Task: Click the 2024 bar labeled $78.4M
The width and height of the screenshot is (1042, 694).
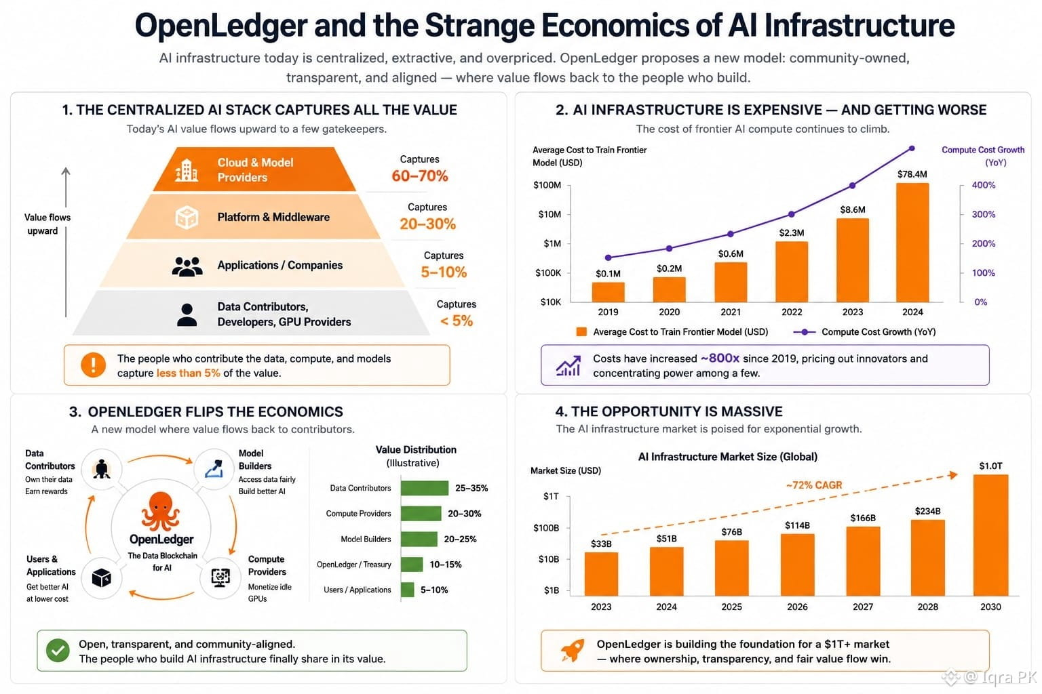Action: tap(912, 243)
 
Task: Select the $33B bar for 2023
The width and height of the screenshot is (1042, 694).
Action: tap(601, 574)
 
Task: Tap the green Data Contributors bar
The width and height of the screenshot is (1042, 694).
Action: tap(424, 488)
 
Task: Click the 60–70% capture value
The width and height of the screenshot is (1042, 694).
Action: tap(420, 176)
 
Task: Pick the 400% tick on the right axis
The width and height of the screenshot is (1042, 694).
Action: tap(984, 185)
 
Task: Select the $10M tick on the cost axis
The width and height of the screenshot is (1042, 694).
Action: tap(549, 214)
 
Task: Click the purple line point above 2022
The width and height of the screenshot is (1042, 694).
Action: tap(791, 214)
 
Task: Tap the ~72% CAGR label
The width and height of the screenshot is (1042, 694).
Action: tap(814, 485)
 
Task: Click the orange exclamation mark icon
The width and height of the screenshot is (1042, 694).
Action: tap(93, 365)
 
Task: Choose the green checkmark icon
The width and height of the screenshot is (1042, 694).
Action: tap(58, 651)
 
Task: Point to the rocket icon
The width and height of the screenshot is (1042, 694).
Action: tap(572, 650)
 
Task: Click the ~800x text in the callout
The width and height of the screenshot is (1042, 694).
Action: tap(720, 359)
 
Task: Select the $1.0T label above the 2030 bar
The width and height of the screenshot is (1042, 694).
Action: tap(990, 466)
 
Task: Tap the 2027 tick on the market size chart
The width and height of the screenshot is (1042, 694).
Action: tap(863, 607)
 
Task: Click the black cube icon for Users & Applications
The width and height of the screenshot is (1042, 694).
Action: tap(101, 578)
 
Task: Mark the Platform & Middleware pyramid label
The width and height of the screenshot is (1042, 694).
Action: tap(273, 217)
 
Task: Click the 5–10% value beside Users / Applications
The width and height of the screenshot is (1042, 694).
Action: tap(434, 590)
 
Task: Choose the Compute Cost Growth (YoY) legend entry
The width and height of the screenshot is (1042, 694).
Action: tap(864, 332)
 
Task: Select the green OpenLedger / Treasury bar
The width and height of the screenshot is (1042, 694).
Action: tap(412, 565)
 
